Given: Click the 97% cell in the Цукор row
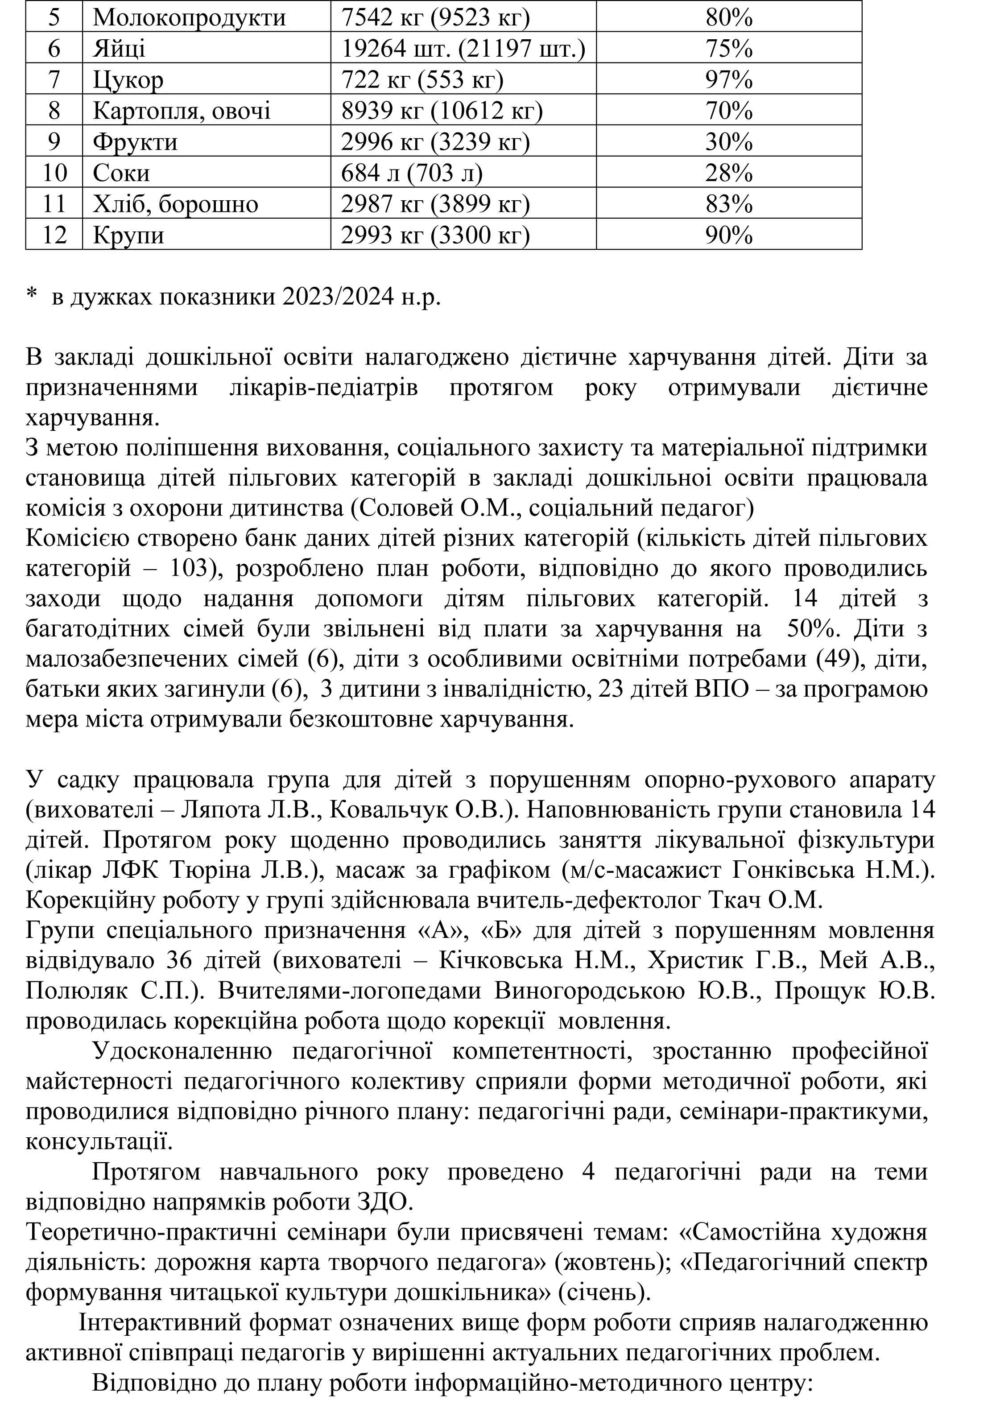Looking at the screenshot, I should click(x=728, y=79).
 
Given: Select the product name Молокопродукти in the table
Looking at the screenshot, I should click(x=189, y=17).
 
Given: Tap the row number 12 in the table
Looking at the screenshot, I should click(x=54, y=235).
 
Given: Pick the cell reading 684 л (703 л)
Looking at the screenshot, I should click(x=411, y=173).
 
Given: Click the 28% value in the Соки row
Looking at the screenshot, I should click(x=728, y=173).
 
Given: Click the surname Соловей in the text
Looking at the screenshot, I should click(x=403, y=508).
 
